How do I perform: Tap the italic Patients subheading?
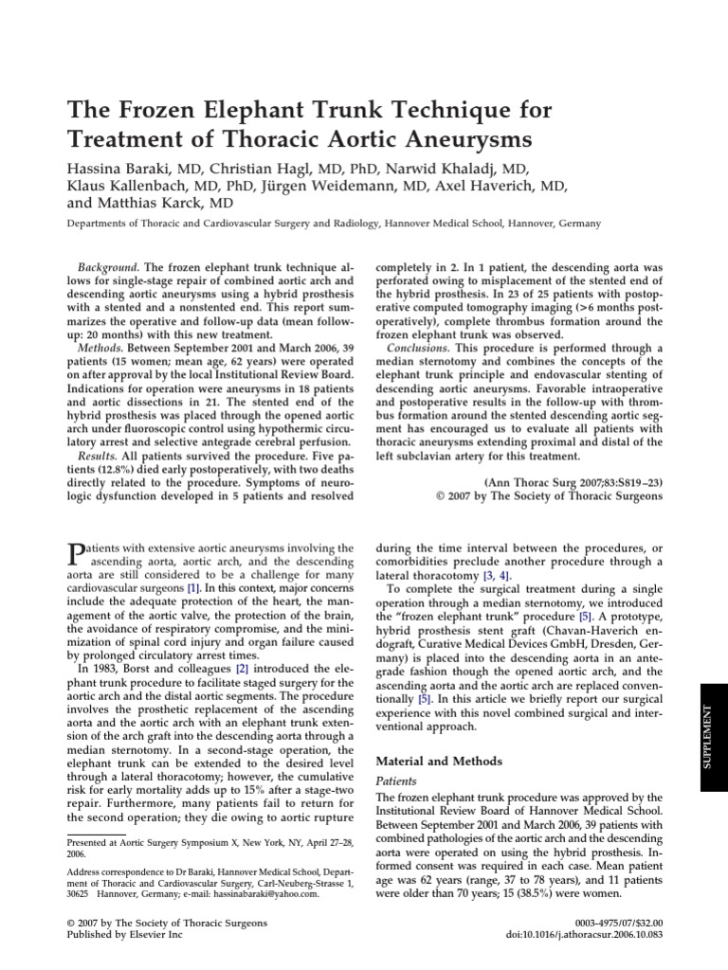[397, 781]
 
